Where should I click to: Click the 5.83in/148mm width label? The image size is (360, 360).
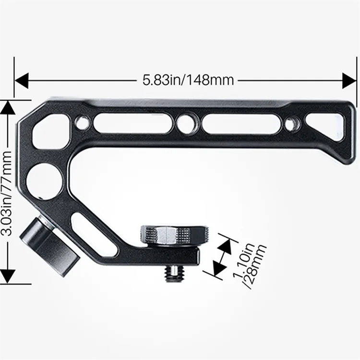(x=188, y=80)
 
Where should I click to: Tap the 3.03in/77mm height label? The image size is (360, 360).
(x=7, y=192)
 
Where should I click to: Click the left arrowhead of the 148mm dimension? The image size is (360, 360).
(x=22, y=80)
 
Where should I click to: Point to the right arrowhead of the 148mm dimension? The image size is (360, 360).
(x=349, y=80)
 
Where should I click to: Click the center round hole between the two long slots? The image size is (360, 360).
(x=186, y=123)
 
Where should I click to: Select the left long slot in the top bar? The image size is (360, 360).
(x=132, y=123)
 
